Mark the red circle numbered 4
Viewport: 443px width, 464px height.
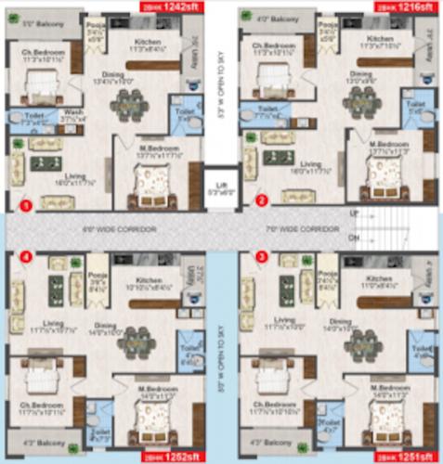click(27, 257)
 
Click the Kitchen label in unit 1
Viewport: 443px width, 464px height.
click(149, 43)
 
